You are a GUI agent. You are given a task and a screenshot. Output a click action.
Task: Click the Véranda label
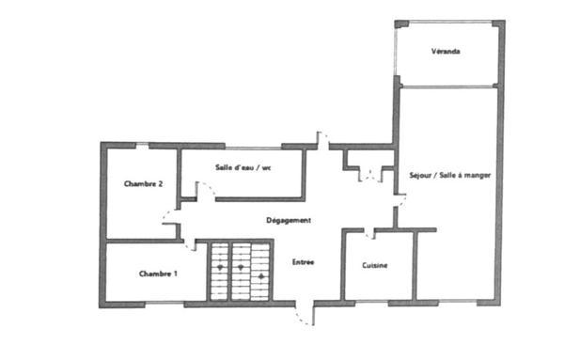(x=446, y=52)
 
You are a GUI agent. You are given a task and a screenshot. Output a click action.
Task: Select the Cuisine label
(x=376, y=266)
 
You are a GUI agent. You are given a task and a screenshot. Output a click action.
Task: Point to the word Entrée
(x=303, y=261)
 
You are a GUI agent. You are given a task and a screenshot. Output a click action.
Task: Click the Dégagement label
(x=290, y=220)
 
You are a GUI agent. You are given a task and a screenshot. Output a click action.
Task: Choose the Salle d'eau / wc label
(x=243, y=168)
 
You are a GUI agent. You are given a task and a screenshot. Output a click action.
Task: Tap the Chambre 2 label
(x=145, y=184)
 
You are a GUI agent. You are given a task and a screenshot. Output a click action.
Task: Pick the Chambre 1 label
(x=158, y=274)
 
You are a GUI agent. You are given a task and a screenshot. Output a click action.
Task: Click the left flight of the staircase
(x=219, y=271)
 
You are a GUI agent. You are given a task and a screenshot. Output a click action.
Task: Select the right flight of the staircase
(x=261, y=271)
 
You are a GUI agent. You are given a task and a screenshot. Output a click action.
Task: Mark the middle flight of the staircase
(x=241, y=271)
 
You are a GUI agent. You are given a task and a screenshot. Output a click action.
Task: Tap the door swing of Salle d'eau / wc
(x=207, y=192)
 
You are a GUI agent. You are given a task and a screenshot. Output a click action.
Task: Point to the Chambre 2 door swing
(x=170, y=227)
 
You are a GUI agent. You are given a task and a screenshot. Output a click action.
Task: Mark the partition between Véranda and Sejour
(x=446, y=86)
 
